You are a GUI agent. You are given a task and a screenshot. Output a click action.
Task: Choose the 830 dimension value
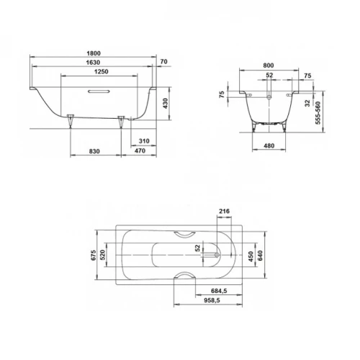(94, 150)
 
